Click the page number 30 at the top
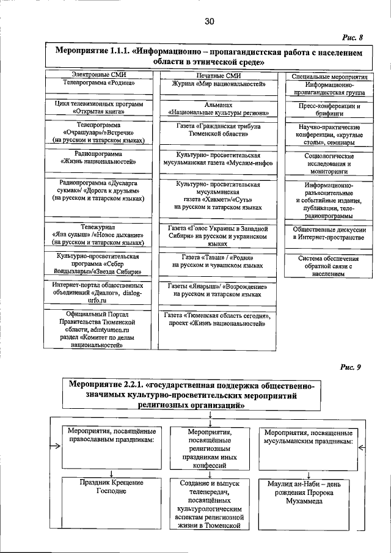click(210, 22)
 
